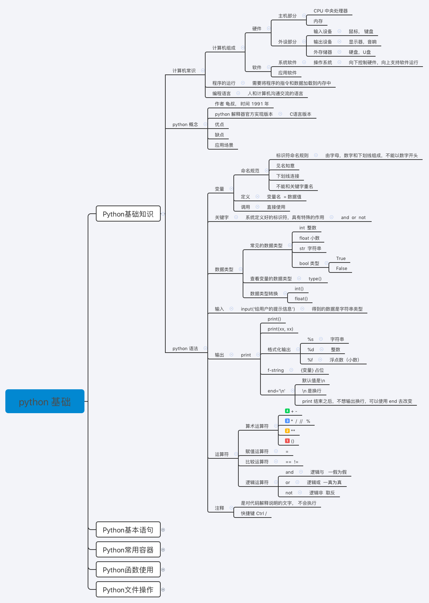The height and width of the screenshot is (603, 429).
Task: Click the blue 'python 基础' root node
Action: click(x=45, y=401)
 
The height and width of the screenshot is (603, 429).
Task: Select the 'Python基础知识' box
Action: click(x=128, y=214)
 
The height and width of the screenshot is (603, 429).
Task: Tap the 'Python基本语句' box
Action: click(x=128, y=530)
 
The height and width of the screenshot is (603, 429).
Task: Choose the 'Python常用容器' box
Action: click(x=128, y=550)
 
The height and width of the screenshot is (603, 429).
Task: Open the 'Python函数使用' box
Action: click(x=128, y=570)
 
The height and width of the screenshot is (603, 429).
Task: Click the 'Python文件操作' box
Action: click(x=128, y=589)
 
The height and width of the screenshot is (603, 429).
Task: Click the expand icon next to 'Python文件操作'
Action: click(x=163, y=589)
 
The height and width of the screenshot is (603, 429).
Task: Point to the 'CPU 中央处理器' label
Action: click(x=330, y=11)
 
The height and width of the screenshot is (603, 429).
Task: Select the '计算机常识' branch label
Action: click(x=184, y=71)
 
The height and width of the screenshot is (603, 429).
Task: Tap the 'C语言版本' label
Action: click(x=300, y=114)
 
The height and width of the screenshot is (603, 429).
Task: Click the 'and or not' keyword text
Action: click(x=353, y=217)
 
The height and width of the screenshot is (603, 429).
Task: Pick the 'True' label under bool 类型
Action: click(x=341, y=258)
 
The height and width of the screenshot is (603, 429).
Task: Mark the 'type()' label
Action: click(x=315, y=279)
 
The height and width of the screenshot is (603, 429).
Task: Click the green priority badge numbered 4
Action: click(x=287, y=411)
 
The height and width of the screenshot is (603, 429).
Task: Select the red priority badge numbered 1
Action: click(x=287, y=441)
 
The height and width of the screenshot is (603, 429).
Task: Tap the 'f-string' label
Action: click(x=275, y=370)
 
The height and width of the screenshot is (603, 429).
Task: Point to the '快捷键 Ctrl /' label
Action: click(x=254, y=513)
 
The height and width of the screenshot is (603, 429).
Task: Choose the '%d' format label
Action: click(x=311, y=349)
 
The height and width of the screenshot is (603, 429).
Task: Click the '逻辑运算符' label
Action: click(x=257, y=482)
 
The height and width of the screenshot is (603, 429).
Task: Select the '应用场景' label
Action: click(x=224, y=145)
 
